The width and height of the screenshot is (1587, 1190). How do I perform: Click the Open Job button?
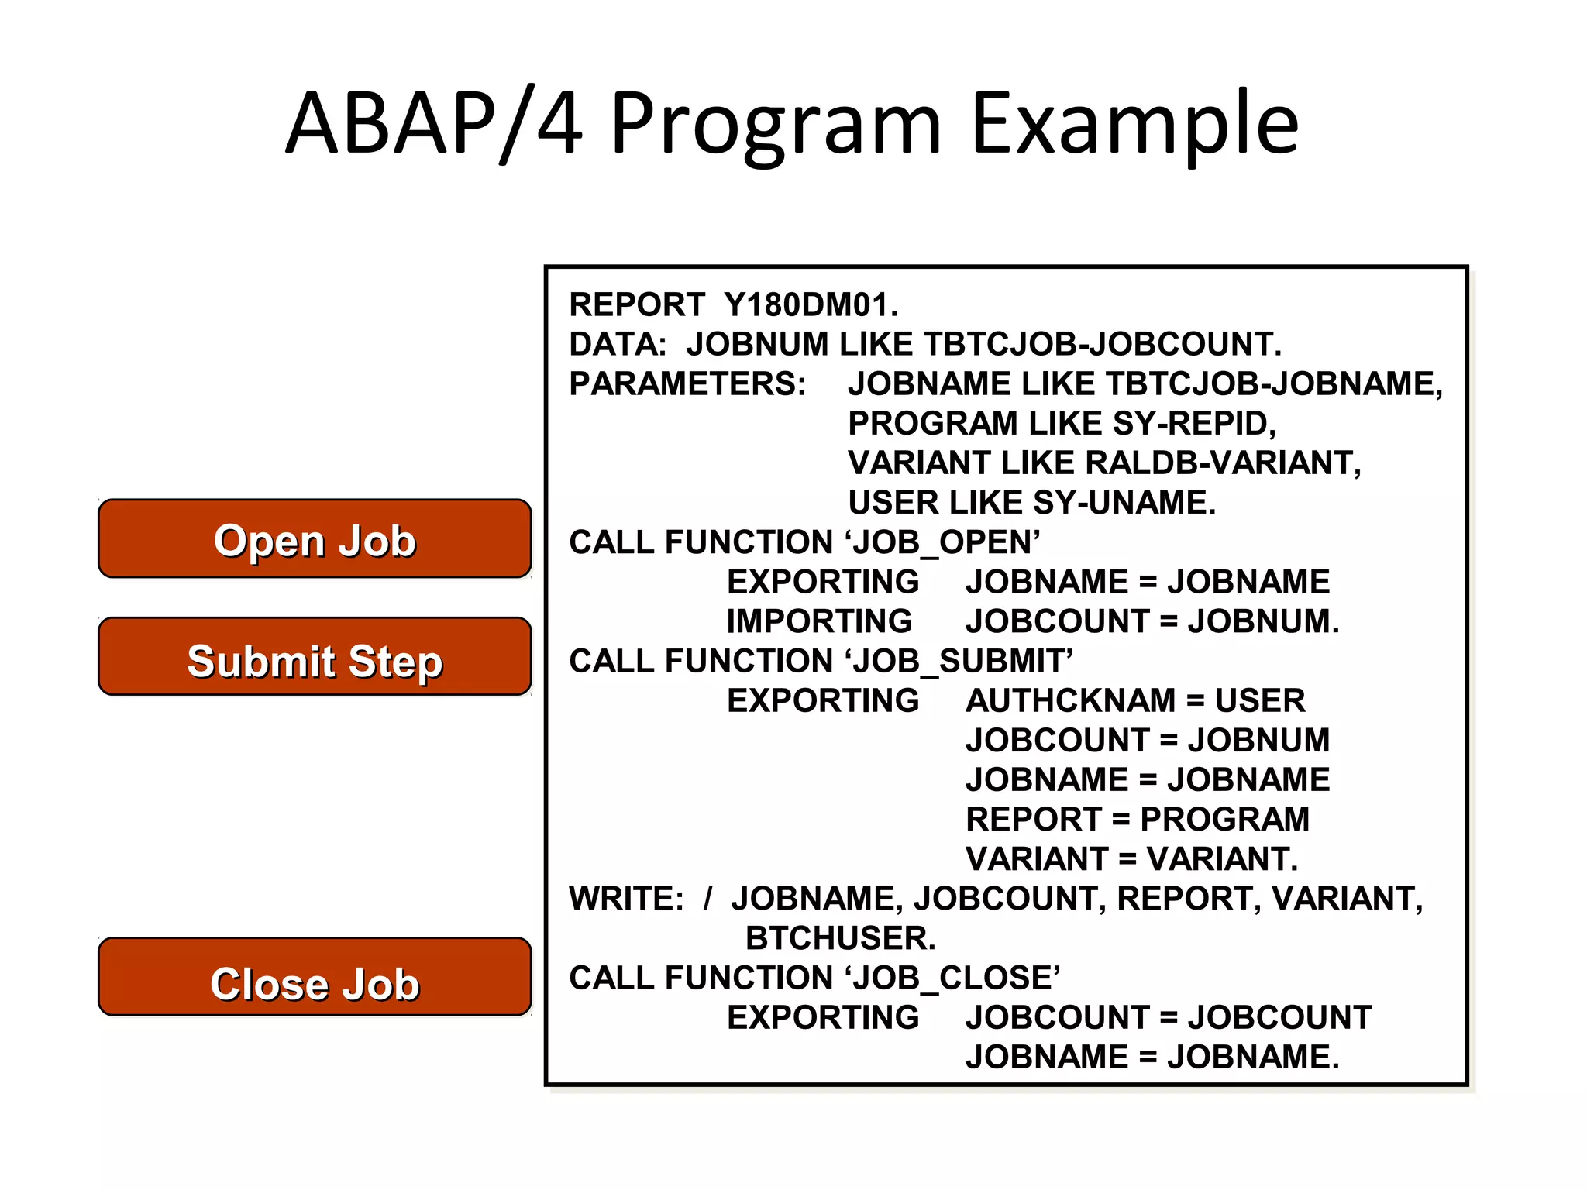coord(315,539)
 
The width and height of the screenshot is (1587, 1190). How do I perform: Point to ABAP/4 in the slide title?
coord(434,124)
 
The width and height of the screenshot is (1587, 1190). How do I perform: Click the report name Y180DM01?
coord(811,305)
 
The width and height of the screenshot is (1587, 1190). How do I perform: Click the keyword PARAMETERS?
coord(687,384)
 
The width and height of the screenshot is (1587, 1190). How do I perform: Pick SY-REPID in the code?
coord(1193,424)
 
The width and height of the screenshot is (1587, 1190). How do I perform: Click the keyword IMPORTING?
coord(819,621)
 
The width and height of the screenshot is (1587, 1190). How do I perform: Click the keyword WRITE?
coord(626,899)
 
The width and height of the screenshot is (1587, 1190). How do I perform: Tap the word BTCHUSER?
coord(840,938)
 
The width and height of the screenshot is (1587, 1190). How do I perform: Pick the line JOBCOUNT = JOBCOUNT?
coord(1168,1018)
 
